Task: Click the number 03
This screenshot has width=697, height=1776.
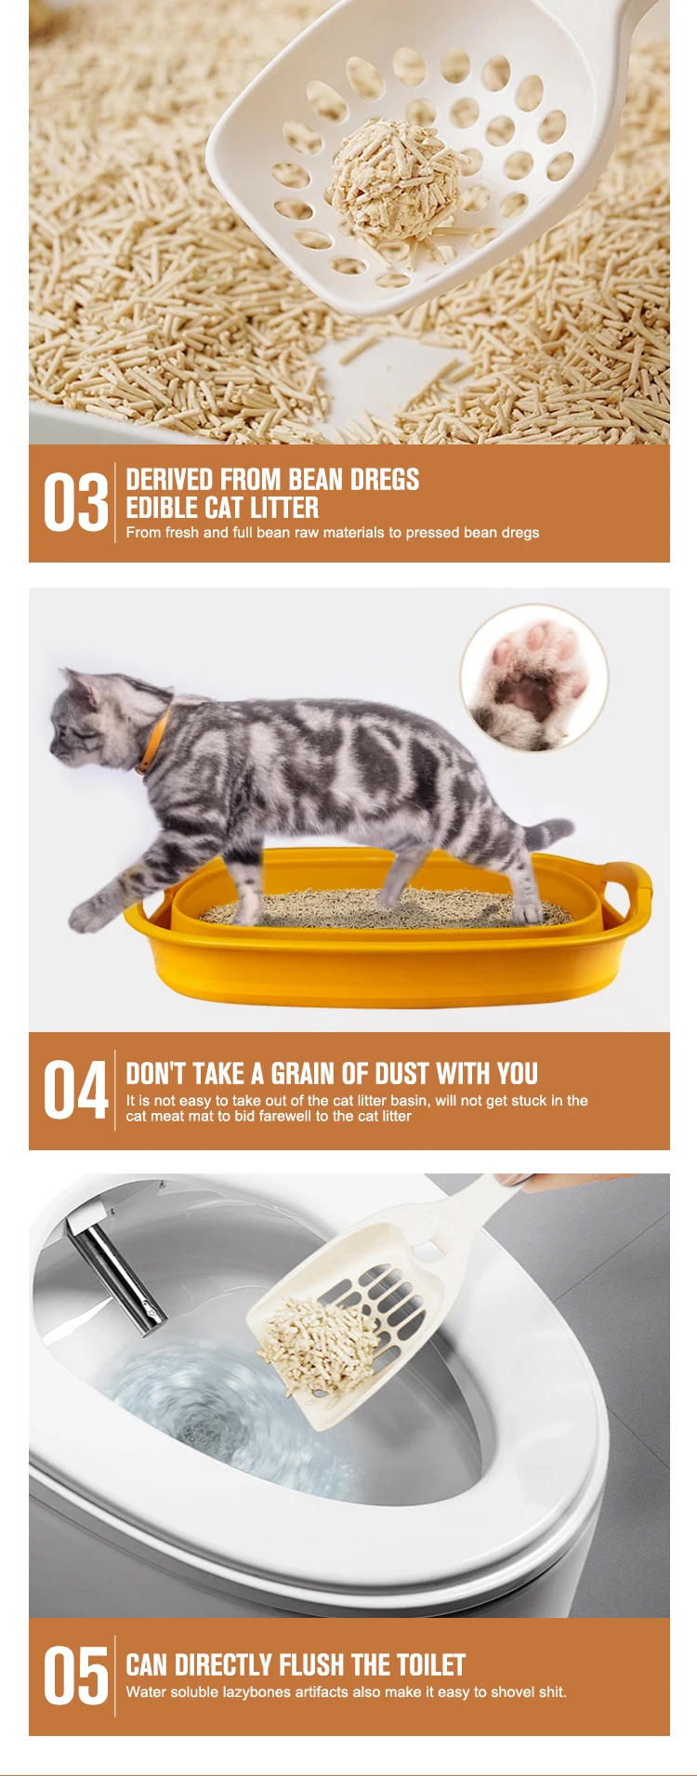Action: [75, 503]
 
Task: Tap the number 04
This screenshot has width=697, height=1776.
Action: [75, 1091]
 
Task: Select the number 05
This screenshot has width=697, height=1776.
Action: [75, 1677]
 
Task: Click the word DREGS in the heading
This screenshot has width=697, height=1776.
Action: [385, 480]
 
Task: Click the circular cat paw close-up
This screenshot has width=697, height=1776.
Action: [533, 677]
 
